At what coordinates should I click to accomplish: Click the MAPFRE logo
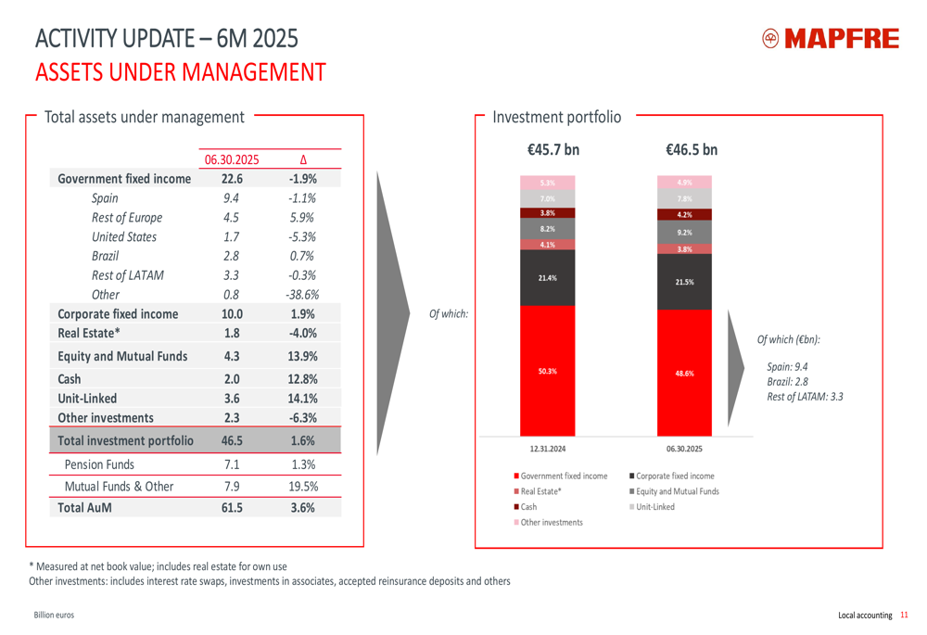[x=830, y=39]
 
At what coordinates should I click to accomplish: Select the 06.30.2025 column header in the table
[x=232, y=159]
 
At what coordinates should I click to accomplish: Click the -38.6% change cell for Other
[x=302, y=295]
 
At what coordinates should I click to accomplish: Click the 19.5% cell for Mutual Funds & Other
[x=302, y=486]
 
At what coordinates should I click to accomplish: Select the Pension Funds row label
[x=99, y=464]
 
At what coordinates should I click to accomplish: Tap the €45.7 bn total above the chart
[x=552, y=150]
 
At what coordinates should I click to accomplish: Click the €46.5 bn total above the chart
[x=691, y=150]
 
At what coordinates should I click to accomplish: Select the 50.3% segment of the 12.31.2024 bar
[x=547, y=371]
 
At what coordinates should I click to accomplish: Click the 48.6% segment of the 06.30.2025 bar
[x=684, y=373]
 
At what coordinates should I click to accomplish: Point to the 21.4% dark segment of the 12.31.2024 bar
[x=547, y=278]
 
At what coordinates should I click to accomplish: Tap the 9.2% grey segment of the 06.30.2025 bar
[x=684, y=233]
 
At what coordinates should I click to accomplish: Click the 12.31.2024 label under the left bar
[x=547, y=448]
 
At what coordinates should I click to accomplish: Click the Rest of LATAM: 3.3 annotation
[x=806, y=397]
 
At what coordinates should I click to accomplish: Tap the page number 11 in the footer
[x=904, y=615]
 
